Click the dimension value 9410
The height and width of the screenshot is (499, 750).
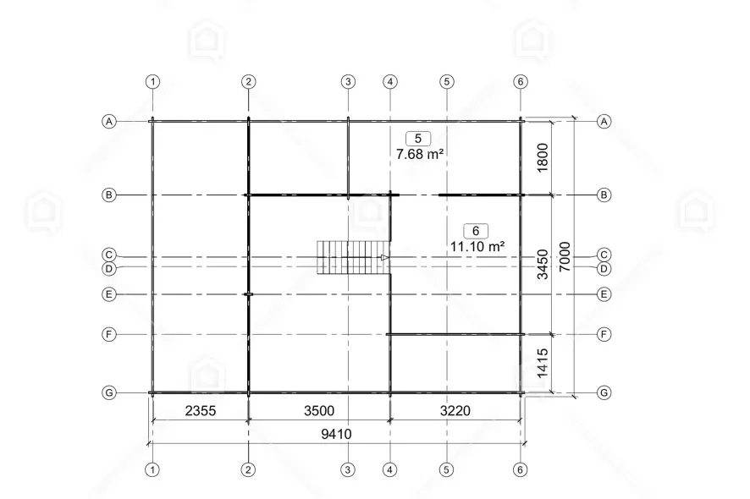[x=336, y=434]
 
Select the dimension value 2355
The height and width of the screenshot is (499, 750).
[x=201, y=410]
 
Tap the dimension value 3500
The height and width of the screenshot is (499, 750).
[x=319, y=410]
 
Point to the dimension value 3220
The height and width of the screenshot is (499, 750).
[x=455, y=410]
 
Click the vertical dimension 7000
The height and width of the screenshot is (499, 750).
[x=565, y=256]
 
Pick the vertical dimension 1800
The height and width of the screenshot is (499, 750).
[x=543, y=157]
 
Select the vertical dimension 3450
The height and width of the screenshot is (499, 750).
[x=543, y=265]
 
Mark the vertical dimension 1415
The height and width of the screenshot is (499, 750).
[x=543, y=364]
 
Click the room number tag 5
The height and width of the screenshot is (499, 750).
[x=418, y=139]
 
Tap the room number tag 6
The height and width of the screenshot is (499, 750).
[x=476, y=231]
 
